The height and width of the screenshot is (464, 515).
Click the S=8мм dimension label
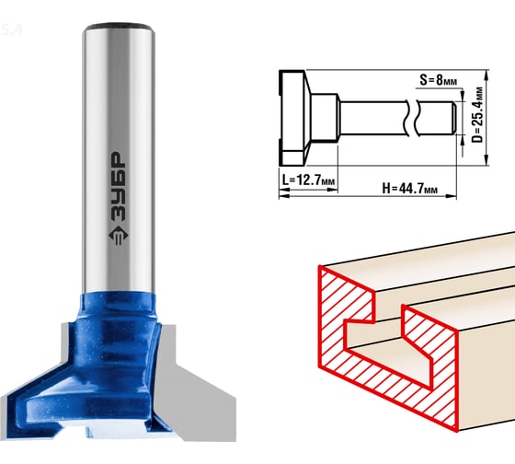pos(438,80)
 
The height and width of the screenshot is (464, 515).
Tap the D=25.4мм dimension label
pos(477,114)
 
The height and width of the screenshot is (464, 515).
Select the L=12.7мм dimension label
pos(308,180)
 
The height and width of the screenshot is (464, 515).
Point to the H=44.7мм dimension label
pos(409,189)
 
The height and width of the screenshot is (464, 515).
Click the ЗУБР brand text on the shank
pos(118,187)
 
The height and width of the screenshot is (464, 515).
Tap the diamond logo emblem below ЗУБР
pos(119,236)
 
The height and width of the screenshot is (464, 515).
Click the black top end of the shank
pos(119,26)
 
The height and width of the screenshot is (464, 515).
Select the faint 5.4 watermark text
pos(11,30)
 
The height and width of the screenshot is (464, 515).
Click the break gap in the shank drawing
pos(412,118)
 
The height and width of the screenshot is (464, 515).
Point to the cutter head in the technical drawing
pos(294,118)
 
